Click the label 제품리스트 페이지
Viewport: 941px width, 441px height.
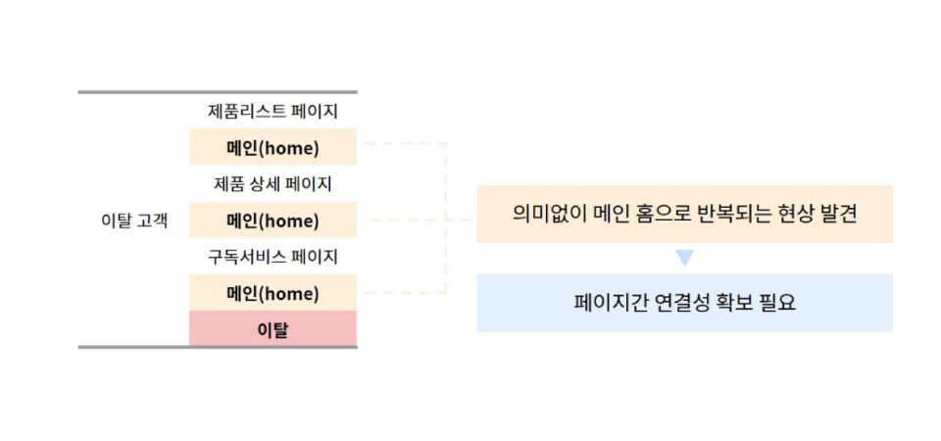pos(272,112)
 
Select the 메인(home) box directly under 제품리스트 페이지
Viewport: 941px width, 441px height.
pos(273,147)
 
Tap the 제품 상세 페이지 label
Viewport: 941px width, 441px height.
pos(272,183)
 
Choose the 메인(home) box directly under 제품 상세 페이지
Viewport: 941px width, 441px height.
pos(273,220)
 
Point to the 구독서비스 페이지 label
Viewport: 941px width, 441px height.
pos(272,257)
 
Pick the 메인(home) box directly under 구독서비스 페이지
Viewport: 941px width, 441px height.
pos(273,293)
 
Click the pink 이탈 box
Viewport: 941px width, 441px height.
pos(273,328)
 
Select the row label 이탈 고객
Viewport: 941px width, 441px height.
pos(134,220)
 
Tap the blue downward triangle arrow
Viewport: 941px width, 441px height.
pos(684,258)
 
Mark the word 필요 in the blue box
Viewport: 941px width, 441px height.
pos(776,303)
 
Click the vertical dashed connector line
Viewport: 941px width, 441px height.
pos(447,219)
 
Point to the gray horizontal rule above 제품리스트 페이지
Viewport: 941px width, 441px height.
pos(218,92)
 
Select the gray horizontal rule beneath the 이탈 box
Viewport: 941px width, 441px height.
pos(218,347)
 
